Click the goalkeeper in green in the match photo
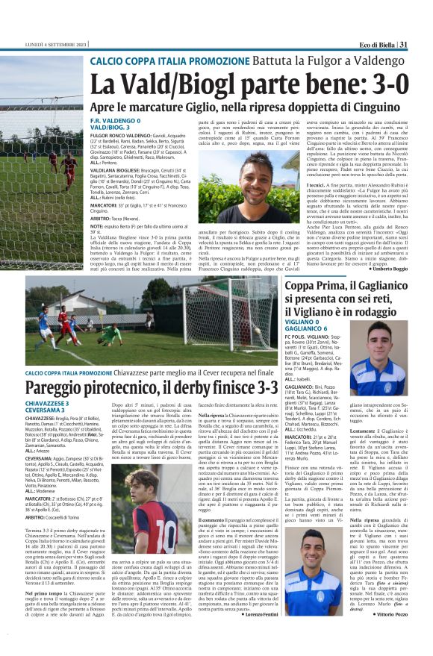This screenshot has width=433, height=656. point(108,334)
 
